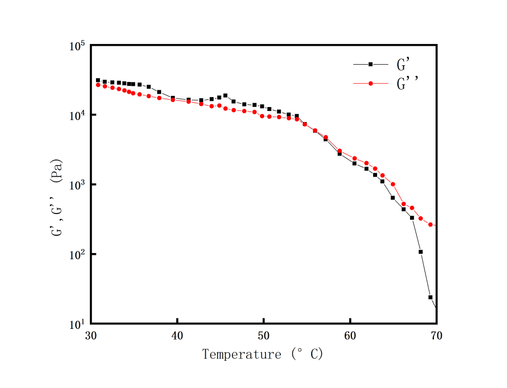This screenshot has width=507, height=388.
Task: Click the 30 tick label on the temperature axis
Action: [91, 336]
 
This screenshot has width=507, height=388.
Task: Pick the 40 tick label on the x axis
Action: [177, 336]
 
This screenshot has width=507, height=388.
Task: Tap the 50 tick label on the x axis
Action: [264, 336]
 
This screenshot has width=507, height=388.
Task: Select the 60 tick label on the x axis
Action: [350, 336]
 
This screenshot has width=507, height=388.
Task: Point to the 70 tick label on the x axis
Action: [436, 336]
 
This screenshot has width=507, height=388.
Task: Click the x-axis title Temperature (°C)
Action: [262, 354]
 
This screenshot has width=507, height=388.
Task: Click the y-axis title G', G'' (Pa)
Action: [57, 198]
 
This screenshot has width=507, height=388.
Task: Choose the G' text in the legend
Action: [403, 65]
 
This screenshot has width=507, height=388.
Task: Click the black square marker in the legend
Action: [370, 64]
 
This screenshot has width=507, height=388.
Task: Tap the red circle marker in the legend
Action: [370, 84]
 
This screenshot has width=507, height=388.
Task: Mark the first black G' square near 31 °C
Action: [98, 80]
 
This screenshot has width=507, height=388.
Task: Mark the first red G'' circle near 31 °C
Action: [98, 85]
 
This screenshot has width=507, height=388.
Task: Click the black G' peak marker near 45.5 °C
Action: [225, 95]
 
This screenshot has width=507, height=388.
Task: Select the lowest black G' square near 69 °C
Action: [431, 297]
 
